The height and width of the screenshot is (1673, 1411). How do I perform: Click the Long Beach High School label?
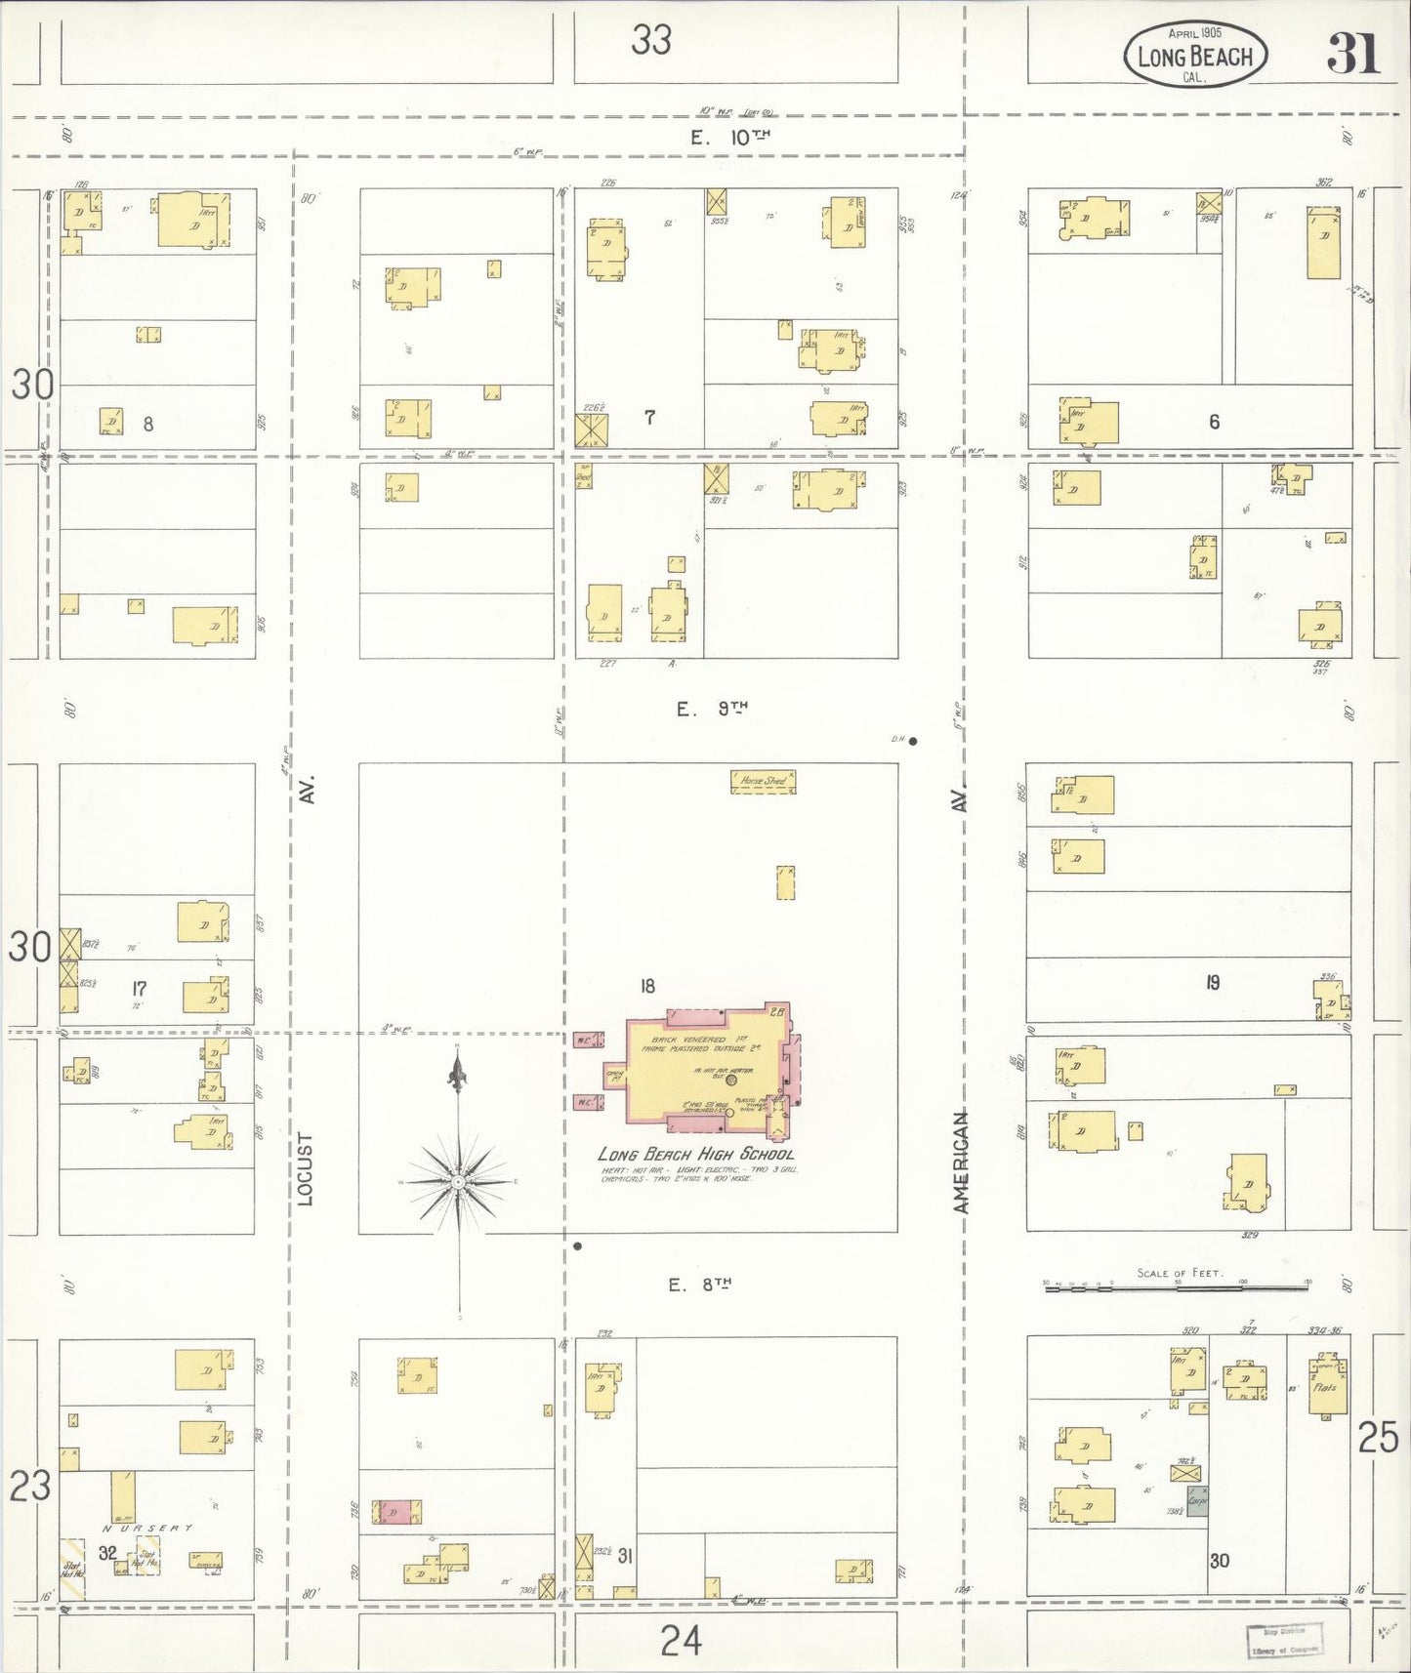pyautogui.click(x=695, y=1154)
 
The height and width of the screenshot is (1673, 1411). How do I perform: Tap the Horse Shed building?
pyautogui.click(x=764, y=781)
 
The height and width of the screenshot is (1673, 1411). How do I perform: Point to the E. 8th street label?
pyautogui.click(x=699, y=1285)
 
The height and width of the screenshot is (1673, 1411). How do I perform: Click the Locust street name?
pyautogui.click(x=306, y=1168)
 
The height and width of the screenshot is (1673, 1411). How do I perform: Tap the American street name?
pyautogui.click(x=962, y=1162)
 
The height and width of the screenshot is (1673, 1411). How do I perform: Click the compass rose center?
pyautogui.click(x=458, y=1182)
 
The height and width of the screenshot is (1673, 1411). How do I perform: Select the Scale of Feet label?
pyautogui.click(x=1180, y=1273)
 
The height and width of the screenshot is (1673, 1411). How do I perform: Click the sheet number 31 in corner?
pyautogui.click(x=1352, y=54)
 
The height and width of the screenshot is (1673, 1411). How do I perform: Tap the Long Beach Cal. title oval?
pyautogui.click(x=1195, y=56)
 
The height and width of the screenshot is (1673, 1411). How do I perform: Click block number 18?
pyautogui.click(x=647, y=986)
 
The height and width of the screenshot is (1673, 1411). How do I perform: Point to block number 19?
pyautogui.click(x=1212, y=983)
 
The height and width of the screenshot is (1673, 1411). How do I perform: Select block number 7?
pyautogui.click(x=649, y=418)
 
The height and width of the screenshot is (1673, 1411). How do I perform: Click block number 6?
pyautogui.click(x=1214, y=422)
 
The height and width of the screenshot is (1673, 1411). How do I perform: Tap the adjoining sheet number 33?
pyautogui.click(x=650, y=40)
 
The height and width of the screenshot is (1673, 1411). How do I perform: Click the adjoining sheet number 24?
pyautogui.click(x=680, y=1641)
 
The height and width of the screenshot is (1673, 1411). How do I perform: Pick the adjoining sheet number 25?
pyautogui.click(x=1378, y=1438)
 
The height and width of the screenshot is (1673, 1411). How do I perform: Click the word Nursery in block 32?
pyautogui.click(x=147, y=1529)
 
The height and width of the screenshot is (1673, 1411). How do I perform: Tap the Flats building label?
pyautogui.click(x=1324, y=1387)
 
